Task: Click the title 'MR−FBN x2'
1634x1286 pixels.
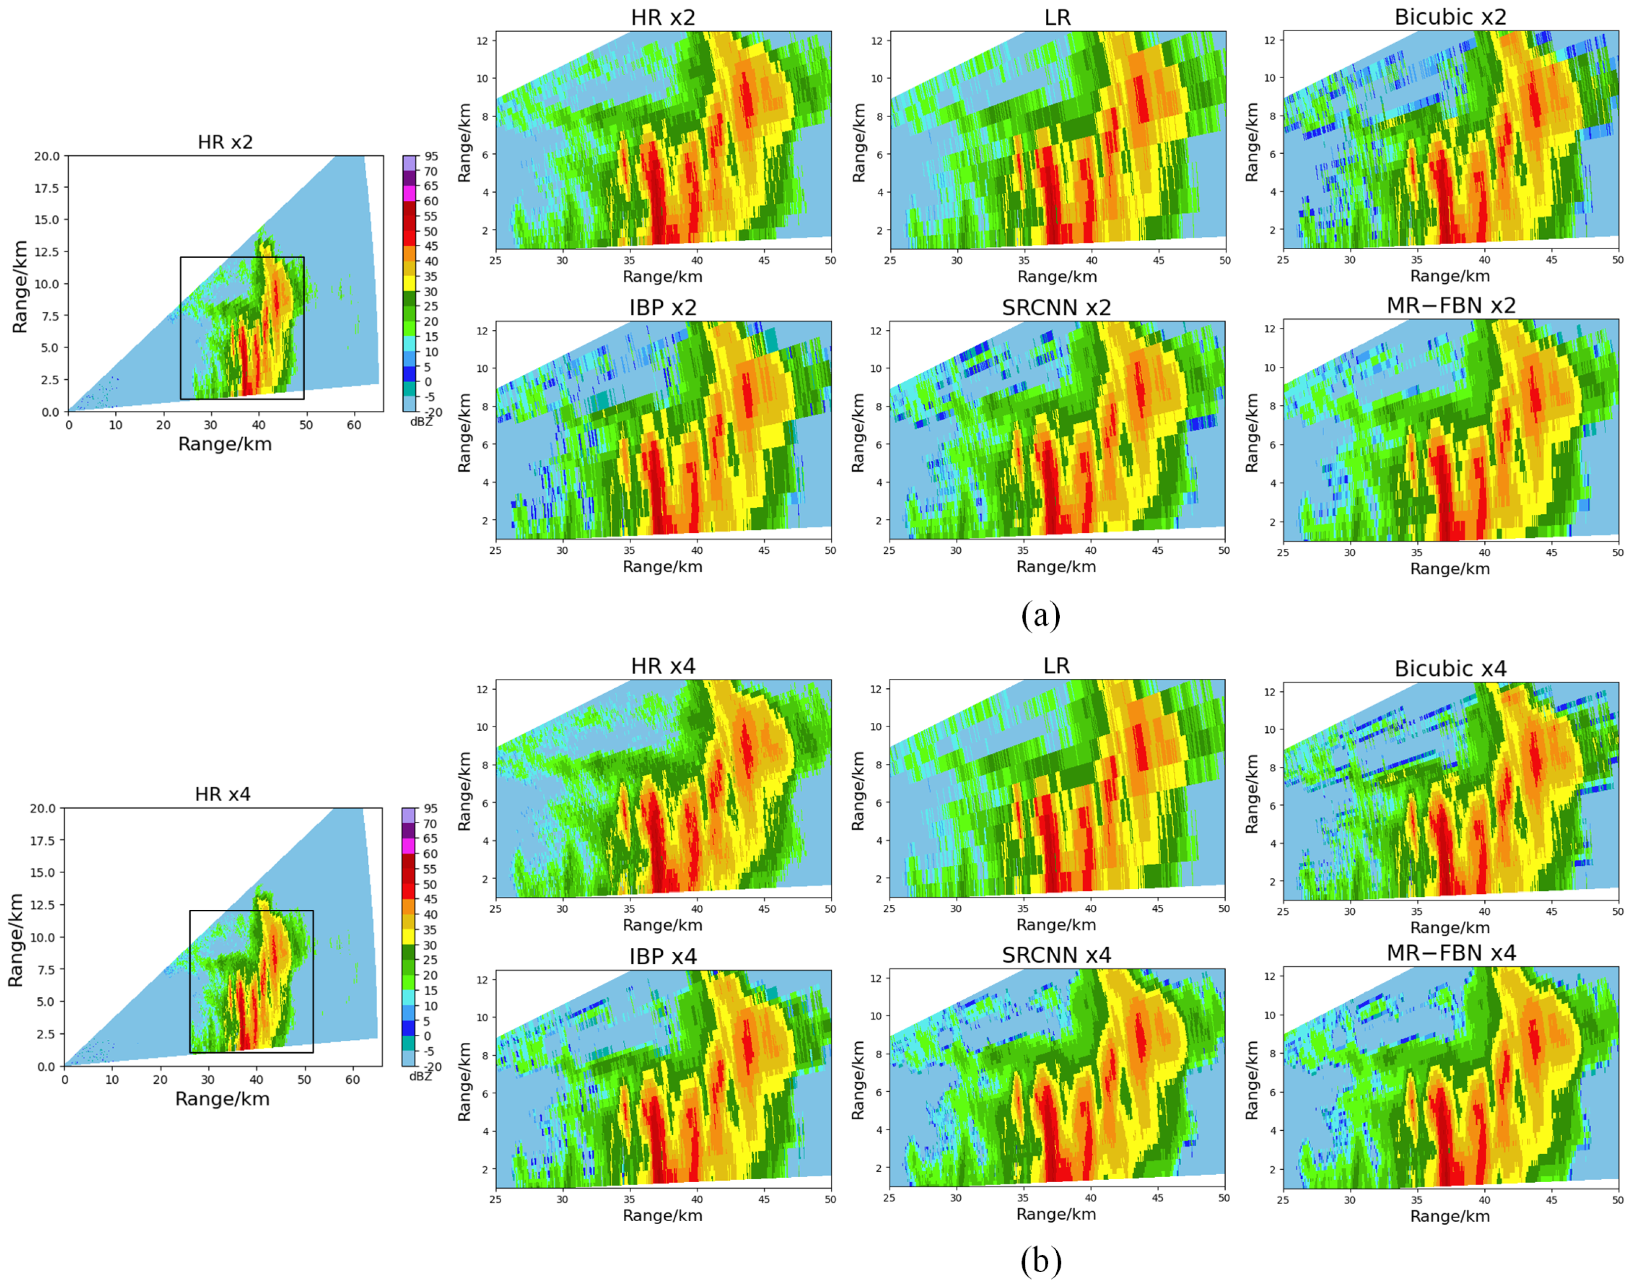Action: [x=1450, y=306]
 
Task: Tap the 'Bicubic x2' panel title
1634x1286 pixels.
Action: [x=1450, y=17]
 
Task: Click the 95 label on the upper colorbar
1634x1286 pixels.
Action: [x=430, y=157]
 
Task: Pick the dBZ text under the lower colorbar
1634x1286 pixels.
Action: [x=421, y=1077]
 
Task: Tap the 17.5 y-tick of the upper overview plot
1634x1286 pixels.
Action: [x=46, y=188]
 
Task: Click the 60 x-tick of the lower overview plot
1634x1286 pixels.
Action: [x=352, y=1080]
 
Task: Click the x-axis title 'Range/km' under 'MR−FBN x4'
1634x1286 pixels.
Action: [x=1450, y=1216]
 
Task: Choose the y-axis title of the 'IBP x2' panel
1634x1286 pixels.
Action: [x=465, y=433]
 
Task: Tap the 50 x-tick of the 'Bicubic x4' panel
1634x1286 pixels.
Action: [x=1617, y=911]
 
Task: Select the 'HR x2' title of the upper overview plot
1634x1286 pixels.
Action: [x=225, y=142]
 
